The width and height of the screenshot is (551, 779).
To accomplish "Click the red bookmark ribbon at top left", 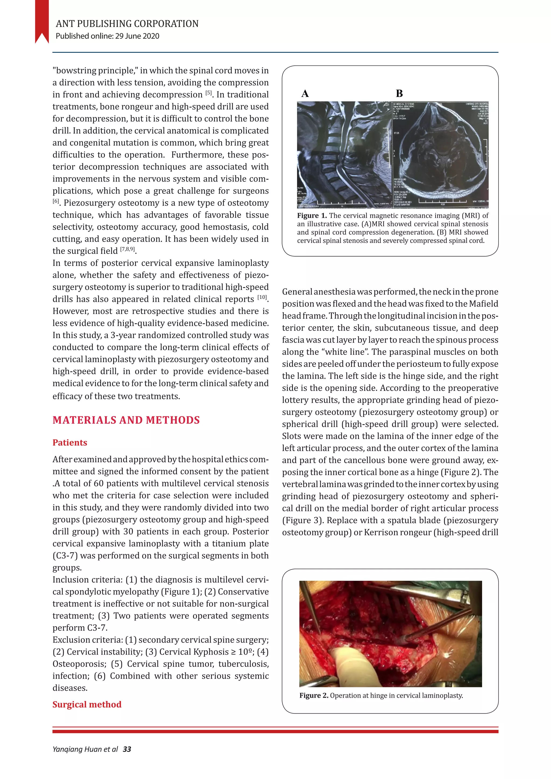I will tap(42, 20).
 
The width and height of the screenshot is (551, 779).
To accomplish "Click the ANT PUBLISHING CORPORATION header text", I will tap(127, 24).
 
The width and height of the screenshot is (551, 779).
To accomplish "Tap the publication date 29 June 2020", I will tap(137, 36).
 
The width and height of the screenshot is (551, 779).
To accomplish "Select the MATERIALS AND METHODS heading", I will tap(126, 420).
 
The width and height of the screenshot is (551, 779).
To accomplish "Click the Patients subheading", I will tap(70, 443).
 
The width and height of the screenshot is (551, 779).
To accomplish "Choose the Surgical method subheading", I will tap(87, 704).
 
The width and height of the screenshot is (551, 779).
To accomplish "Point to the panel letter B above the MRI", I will tap(399, 94).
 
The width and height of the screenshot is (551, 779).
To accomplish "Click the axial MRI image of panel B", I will tap(440, 154).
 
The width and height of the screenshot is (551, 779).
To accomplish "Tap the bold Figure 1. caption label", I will tap(312, 216).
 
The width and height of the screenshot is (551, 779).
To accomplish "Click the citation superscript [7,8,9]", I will tap(128, 250).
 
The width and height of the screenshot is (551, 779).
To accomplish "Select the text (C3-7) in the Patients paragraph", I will tap(65, 556).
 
